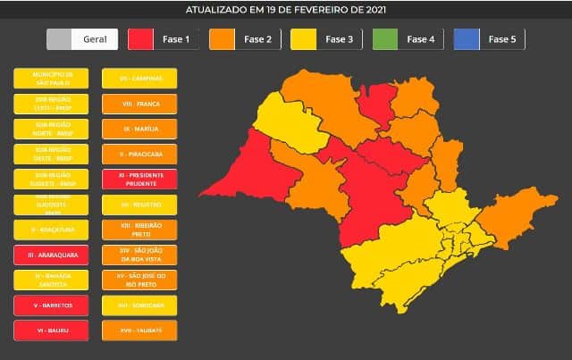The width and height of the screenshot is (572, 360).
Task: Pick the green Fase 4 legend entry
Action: [407, 39]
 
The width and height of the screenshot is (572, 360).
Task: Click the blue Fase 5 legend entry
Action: [488, 39]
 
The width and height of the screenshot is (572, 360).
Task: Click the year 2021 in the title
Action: [374, 10]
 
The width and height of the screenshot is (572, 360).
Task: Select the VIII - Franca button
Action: [139, 104]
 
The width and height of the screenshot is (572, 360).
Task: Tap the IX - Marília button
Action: [139, 129]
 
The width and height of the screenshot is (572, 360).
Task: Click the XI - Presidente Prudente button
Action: [139, 179]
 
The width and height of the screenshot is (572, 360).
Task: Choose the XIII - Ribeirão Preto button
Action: [139, 229]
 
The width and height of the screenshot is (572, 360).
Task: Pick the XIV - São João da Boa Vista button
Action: [139, 254]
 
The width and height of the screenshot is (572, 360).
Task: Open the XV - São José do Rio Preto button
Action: [139, 280]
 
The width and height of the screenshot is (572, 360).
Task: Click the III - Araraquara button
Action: [51, 255]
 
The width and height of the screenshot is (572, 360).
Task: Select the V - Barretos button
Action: [51, 305]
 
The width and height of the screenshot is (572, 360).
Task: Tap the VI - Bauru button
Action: [51, 330]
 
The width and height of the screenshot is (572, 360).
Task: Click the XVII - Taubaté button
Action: [139, 330]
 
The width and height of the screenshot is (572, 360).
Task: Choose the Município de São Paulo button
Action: [51, 79]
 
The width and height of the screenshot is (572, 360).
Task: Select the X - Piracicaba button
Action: [139, 154]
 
